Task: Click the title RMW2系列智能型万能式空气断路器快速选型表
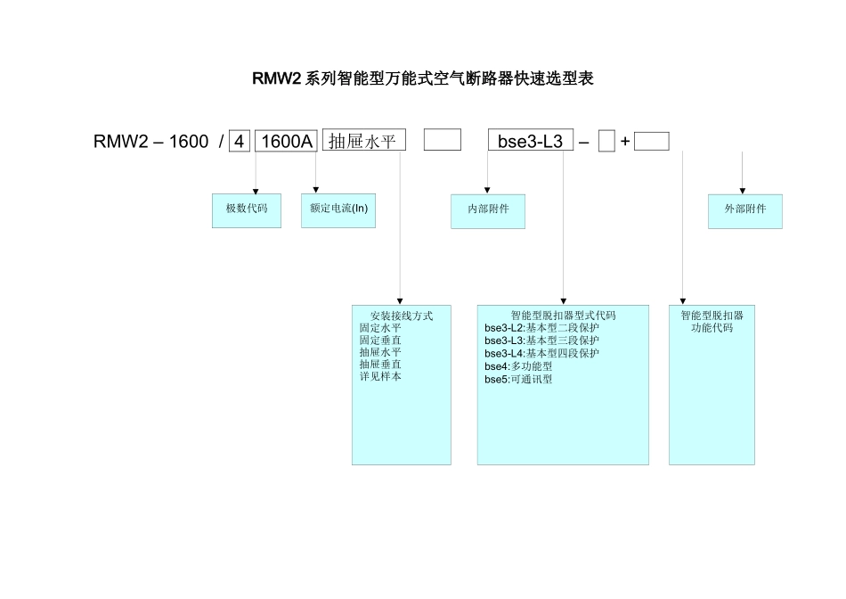(423, 78)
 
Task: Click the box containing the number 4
(239, 141)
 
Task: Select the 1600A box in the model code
(286, 141)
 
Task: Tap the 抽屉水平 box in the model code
(363, 140)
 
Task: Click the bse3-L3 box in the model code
(530, 141)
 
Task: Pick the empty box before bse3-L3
(442, 140)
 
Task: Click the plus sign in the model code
(625, 141)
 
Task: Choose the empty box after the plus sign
(652, 141)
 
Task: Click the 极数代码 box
(247, 209)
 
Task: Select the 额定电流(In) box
(338, 209)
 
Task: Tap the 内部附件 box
(488, 210)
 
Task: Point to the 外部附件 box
(744, 210)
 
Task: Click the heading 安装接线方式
(401, 316)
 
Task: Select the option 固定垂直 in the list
(380, 340)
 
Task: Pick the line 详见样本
(380, 376)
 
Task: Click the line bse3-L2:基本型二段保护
(541, 328)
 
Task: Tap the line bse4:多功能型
(518, 365)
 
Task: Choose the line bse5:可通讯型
(518, 379)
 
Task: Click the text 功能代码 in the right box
(712, 328)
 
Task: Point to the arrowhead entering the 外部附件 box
(743, 191)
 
